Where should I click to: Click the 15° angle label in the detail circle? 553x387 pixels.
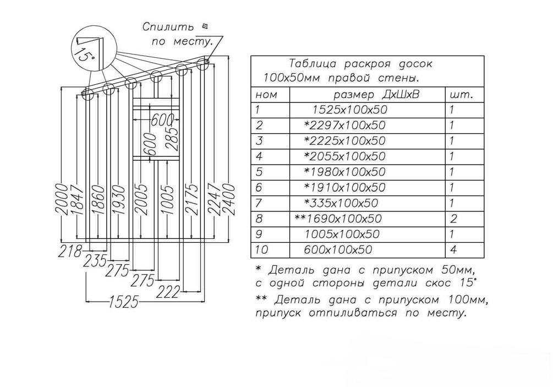coord(84,54)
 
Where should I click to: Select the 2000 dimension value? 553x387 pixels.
coord(62,199)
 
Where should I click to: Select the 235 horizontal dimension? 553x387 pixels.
coord(95,260)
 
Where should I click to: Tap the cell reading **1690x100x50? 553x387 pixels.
coord(338,219)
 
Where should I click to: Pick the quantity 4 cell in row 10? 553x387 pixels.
coord(452,250)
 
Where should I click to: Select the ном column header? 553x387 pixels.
coord(267,95)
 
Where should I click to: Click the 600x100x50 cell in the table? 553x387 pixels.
coord(338,250)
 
